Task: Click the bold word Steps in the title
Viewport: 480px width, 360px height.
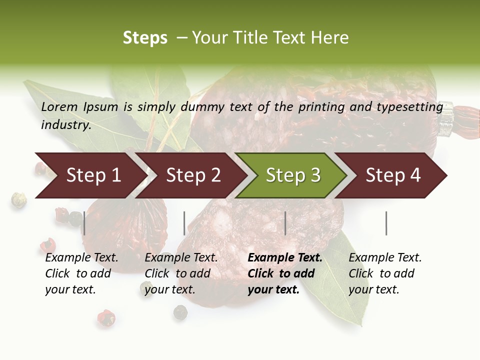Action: pyautogui.click(x=145, y=38)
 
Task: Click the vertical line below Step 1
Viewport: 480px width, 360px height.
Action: pyautogui.click(x=84, y=223)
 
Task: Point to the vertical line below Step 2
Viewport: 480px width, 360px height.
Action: pyautogui.click(x=184, y=223)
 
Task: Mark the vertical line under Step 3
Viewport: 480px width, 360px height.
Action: pyautogui.click(x=285, y=223)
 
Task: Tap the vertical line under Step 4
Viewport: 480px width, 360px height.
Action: pyautogui.click(x=386, y=223)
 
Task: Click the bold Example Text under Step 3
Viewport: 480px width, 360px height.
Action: pyautogui.click(x=285, y=258)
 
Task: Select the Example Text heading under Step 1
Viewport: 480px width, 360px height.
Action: pyautogui.click(x=81, y=258)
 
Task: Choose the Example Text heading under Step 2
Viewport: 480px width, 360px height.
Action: pyautogui.click(x=181, y=258)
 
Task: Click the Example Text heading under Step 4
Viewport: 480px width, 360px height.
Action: pyautogui.click(x=385, y=258)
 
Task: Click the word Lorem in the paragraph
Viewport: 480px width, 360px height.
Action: pyautogui.click(x=59, y=106)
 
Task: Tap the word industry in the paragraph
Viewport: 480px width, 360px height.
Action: pyautogui.click(x=66, y=125)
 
